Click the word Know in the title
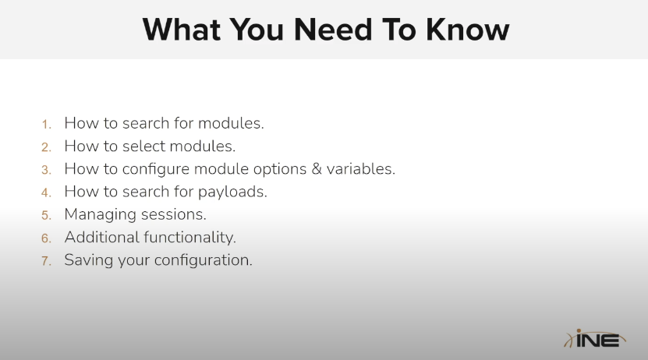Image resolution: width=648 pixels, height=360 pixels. pos(467,30)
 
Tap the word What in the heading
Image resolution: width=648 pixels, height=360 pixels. pos(182,30)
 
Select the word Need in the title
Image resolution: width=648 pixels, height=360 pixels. pos(333,30)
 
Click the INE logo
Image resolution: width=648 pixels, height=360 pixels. pos(595,338)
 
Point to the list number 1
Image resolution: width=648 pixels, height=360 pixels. pos(46,124)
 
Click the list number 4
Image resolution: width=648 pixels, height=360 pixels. pos(46,192)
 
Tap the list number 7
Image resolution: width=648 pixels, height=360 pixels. pos(46,261)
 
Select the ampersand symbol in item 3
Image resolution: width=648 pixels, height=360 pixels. pos(317,169)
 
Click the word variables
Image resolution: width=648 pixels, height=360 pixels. pos(361,169)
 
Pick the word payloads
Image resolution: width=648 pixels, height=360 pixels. pos(232,192)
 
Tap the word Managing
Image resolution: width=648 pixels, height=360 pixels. pos(101,215)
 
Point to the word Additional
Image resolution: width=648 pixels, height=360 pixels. pos(102,238)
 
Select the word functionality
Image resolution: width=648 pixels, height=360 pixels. pos(190,238)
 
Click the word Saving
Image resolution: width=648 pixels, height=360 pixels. pos(89,260)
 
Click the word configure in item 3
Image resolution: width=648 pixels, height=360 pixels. pos(156,169)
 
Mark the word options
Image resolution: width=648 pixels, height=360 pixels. pos(280,169)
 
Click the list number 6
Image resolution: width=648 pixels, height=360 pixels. pos(46,238)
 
